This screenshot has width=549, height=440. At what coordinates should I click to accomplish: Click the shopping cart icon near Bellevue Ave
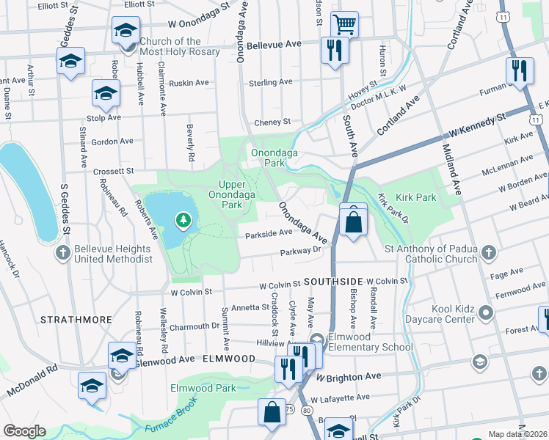pos(343,23)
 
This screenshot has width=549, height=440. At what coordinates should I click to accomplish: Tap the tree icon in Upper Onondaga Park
pos(182,219)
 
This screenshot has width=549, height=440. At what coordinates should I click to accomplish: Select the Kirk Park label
pos(415,197)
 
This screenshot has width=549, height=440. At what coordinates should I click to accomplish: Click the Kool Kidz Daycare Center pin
pos(486,314)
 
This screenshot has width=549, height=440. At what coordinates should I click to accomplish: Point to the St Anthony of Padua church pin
pos(487,254)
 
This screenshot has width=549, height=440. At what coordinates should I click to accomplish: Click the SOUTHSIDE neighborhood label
pos(334,281)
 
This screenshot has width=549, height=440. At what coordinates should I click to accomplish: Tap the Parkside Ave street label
pos(269,233)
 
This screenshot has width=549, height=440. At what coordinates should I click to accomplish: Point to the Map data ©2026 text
pos(517,434)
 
